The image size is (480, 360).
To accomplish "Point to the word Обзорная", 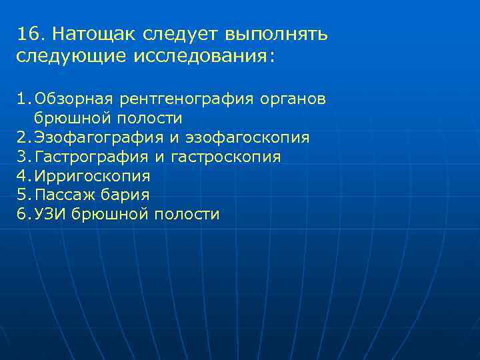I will tap(75, 99).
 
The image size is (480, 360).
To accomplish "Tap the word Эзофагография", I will tap(99, 138).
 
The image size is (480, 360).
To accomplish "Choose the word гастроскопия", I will tap(226, 157).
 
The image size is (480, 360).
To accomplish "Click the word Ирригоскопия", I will tap(93, 177).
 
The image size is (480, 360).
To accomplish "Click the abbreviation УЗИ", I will tap(51, 215).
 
